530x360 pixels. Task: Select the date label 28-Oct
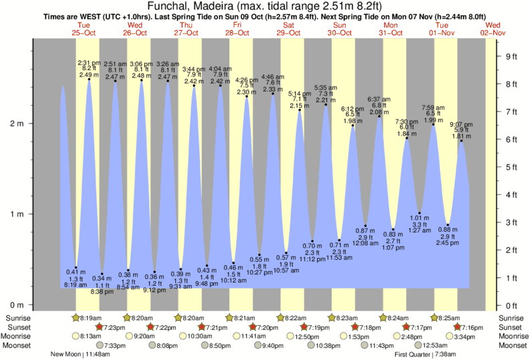237,32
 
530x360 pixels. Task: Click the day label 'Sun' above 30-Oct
340,25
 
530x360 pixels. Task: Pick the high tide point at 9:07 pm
461,141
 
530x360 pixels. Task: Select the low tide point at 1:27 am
420,212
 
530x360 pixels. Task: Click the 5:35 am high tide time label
325,87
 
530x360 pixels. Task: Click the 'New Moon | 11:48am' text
82,355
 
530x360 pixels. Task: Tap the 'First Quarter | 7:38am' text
426,355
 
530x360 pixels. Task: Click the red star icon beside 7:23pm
100,327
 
